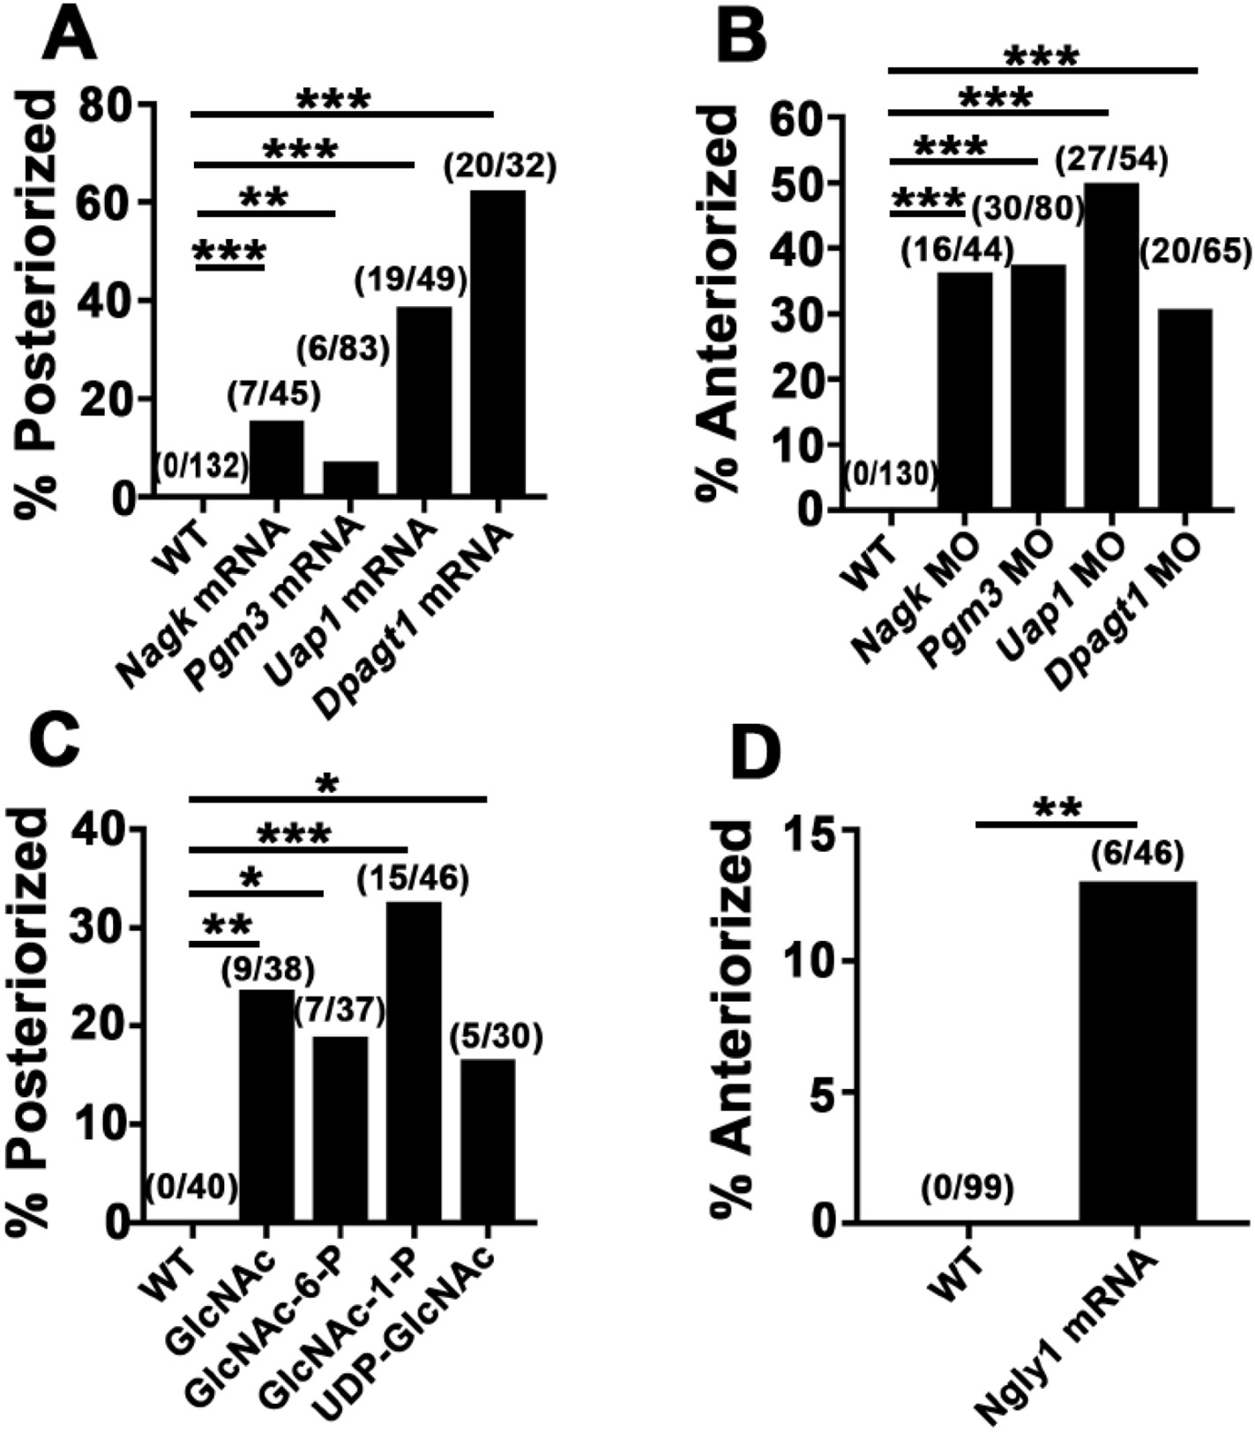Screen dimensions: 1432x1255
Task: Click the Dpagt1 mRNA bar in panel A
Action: point(497,344)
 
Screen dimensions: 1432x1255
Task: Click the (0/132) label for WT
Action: point(202,466)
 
